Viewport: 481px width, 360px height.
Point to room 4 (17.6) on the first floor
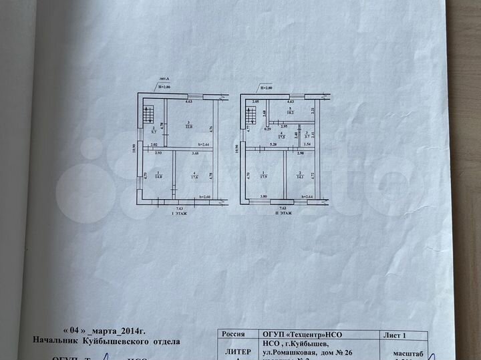(194, 176)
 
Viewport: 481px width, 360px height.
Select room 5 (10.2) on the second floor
(291, 112)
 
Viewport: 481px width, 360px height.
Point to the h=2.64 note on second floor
(308, 196)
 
